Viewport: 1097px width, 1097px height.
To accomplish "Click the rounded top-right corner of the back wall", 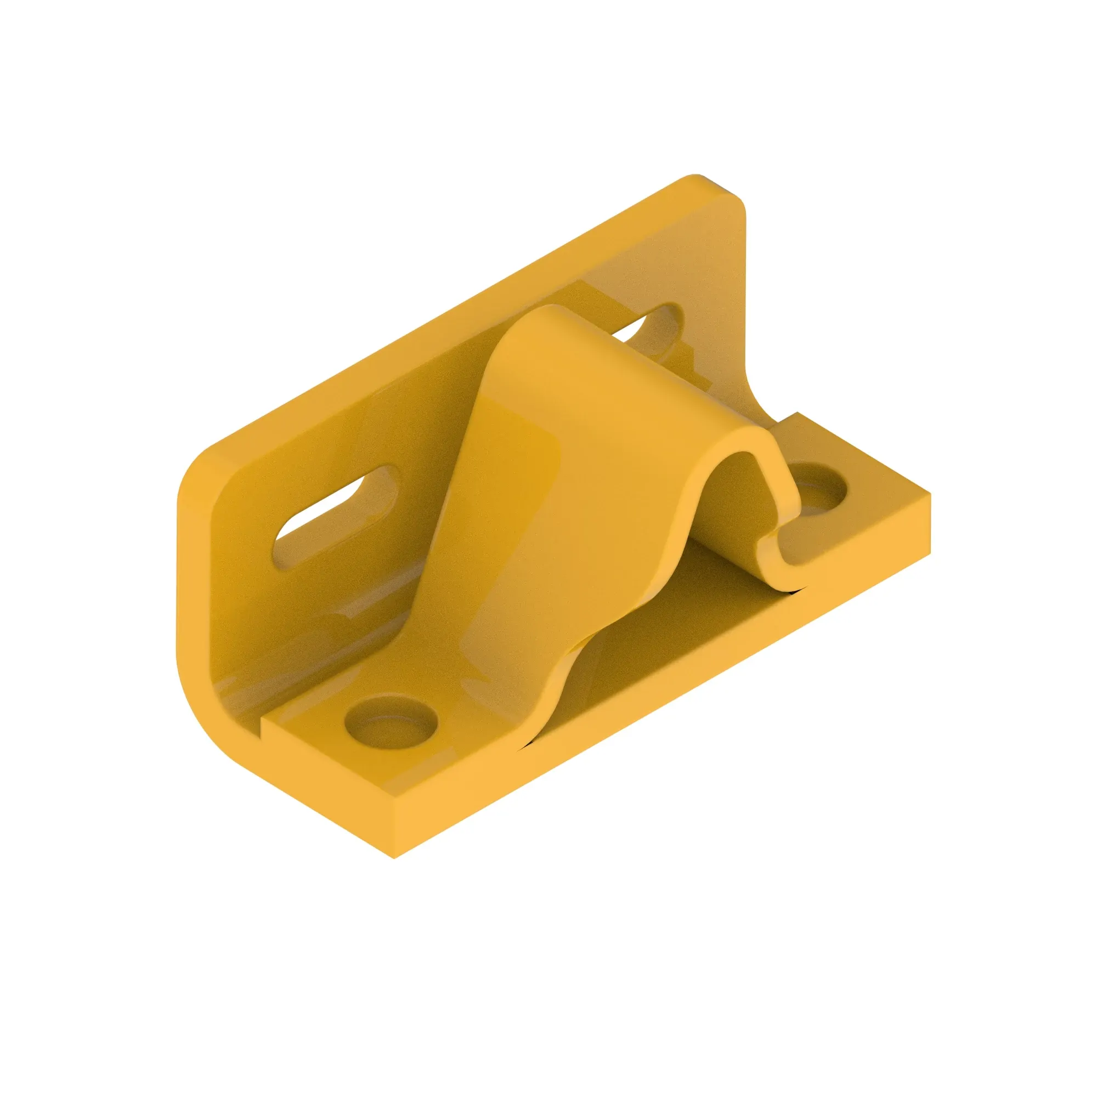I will [732, 199].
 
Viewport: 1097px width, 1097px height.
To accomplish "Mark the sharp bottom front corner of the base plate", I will [393, 856].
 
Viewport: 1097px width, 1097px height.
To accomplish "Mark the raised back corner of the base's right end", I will [797, 414].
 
